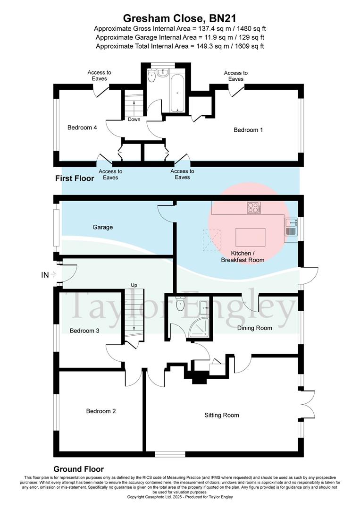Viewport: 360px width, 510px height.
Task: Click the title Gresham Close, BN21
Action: (180, 18)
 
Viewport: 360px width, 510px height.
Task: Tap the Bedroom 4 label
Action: (82, 127)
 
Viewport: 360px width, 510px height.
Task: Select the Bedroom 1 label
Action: (248, 130)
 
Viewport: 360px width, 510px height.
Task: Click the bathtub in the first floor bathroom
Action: (178, 93)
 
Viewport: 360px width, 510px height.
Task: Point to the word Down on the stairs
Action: (134, 119)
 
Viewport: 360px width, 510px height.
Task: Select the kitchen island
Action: (250, 235)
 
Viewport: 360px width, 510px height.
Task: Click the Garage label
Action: (103, 227)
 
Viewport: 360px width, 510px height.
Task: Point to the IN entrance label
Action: (45, 274)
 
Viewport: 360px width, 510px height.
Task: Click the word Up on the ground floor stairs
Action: (134, 286)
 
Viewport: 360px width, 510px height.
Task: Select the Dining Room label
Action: (254, 328)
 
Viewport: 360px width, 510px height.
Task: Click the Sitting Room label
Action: (222, 415)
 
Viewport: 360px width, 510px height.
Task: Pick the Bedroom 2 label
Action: (101, 411)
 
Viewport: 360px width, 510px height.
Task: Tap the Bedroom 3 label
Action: (84, 331)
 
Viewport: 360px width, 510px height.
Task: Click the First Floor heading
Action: (75, 178)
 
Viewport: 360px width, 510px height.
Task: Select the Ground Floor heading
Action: (78, 469)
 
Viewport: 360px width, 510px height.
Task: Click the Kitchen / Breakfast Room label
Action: (243, 256)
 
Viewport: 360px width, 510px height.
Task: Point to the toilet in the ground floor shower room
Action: (179, 304)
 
